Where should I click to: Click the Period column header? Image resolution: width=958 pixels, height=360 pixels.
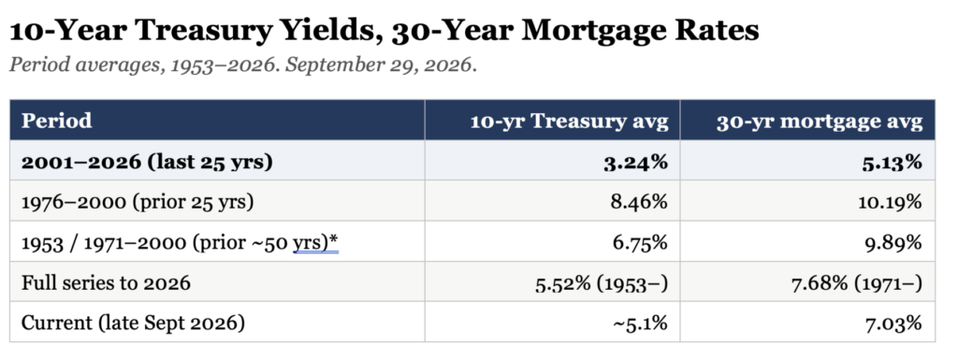pyautogui.click(x=56, y=121)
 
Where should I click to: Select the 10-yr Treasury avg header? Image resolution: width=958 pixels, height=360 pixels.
pyautogui.click(x=568, y=121)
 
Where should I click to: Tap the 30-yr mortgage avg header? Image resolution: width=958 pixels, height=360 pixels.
pyautogui.click(x=820, y=122)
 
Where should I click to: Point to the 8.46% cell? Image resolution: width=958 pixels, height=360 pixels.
pyautogui.click(x=638, y=201)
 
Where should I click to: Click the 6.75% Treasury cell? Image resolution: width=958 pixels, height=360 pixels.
pyautogui.click(x=638, y=242)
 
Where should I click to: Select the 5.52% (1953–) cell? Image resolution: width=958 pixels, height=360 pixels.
pyautogui.click(x=602, y=283)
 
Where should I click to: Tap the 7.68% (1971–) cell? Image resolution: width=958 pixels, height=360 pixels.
pyautogui.click(x=857, y=283)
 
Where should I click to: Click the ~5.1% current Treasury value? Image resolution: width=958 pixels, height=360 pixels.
pyautogui.click(x=640, y=324)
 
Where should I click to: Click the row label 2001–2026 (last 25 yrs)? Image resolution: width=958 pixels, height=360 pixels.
pyautogui.click(x=147, y=162)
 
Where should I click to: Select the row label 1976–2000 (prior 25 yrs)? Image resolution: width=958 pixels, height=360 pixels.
pyautogui.click(x=137, y=202)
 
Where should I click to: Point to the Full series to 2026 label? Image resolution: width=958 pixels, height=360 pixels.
pyautogui.click(x=106, y=283)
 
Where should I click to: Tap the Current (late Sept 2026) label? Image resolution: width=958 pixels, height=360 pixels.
pyautogui.click(x=133, y=324)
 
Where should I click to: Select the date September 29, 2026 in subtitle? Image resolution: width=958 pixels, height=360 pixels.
pyautogui.click(x=379, y=65)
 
